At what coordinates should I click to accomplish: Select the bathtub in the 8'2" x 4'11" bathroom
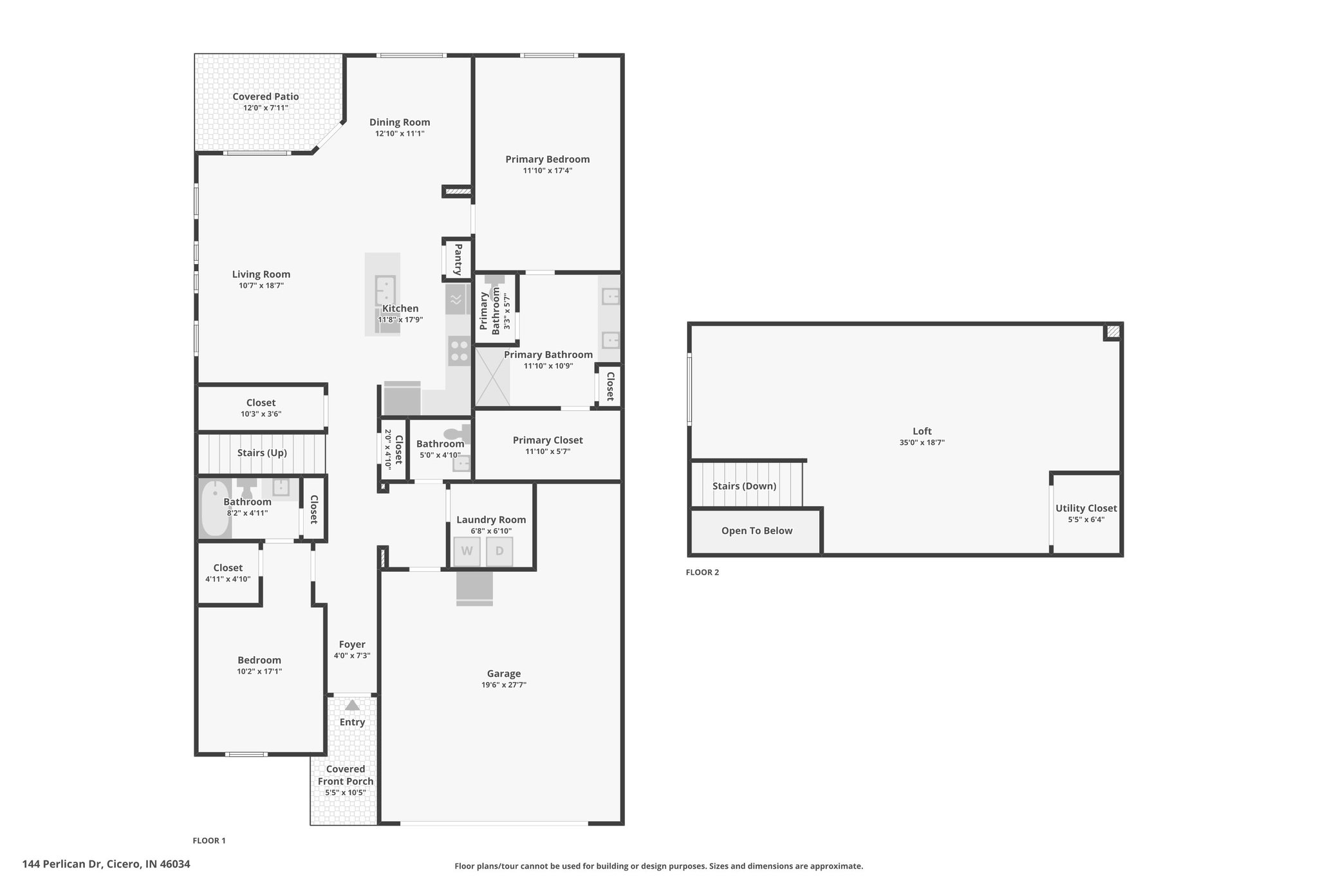(x=215, y=509)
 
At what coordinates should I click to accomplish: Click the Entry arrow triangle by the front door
(x=352, y=705)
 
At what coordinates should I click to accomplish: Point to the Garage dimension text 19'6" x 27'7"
(x=503, y=685)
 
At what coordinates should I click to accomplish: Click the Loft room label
(x=922, y=431)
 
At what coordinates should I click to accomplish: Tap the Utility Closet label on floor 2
(x=1086, y=508)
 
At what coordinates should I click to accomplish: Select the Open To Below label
(x=757, y=531)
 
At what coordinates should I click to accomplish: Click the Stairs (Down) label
(x=745, y=486)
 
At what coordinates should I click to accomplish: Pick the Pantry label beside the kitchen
(x=458, y=260)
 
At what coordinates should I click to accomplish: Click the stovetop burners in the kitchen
(x=459, y=351)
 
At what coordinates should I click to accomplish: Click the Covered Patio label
(x=266, y=97)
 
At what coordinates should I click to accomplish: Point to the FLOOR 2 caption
(x=703, y=572)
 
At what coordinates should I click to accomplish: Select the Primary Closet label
(x=548, y=440)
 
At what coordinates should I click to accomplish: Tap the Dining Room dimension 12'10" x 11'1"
(x=400, y=134)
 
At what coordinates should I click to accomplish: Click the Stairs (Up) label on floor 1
(x=262, y=453)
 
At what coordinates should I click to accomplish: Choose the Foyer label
(x=352, y=645)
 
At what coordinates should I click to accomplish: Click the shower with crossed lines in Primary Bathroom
(x=492, y=377)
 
